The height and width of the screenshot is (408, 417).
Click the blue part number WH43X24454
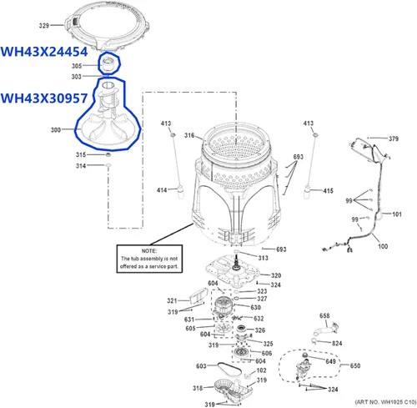click(x=44, y=52)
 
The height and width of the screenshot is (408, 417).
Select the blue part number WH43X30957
click(x=44, y=98)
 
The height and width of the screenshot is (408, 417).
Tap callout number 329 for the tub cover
click(x=44, y=26)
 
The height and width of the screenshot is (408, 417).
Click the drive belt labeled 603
click(x=229, y=368)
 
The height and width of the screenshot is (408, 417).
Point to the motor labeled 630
click(x=224, y=307)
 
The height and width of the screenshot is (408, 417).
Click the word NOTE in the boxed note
click(x=149, y=251)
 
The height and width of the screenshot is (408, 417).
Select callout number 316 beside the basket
click(x=189, y=135)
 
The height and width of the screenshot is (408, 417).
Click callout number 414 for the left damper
click(x=162, y=190)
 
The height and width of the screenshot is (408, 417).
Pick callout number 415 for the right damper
click(x=328, y=191)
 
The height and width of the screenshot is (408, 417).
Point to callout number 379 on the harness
click(x=394, y=139)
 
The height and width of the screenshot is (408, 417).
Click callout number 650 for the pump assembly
click(x=355, y=365)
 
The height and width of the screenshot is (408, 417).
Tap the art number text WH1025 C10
click(x=398, y=402)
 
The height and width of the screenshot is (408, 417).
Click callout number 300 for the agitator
click(x=56, y=129)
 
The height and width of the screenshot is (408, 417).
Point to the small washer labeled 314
click(x=108, y=165)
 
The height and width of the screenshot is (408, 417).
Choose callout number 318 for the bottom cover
click(x=198, y=388)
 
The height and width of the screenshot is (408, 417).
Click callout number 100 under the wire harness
click(x=383, y=246)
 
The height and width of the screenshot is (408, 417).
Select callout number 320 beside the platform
click(x=276, y=275)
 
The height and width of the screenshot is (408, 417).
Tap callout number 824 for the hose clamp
click(x=337, y=343)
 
